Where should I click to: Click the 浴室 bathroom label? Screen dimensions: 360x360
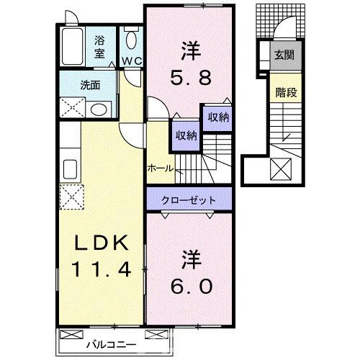[99, 47]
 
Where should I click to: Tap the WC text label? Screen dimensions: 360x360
[130, 61]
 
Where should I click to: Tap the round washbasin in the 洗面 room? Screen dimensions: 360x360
[100, 109]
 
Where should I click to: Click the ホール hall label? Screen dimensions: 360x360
[159, 168]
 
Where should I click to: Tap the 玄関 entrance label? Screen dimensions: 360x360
[282, 55]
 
